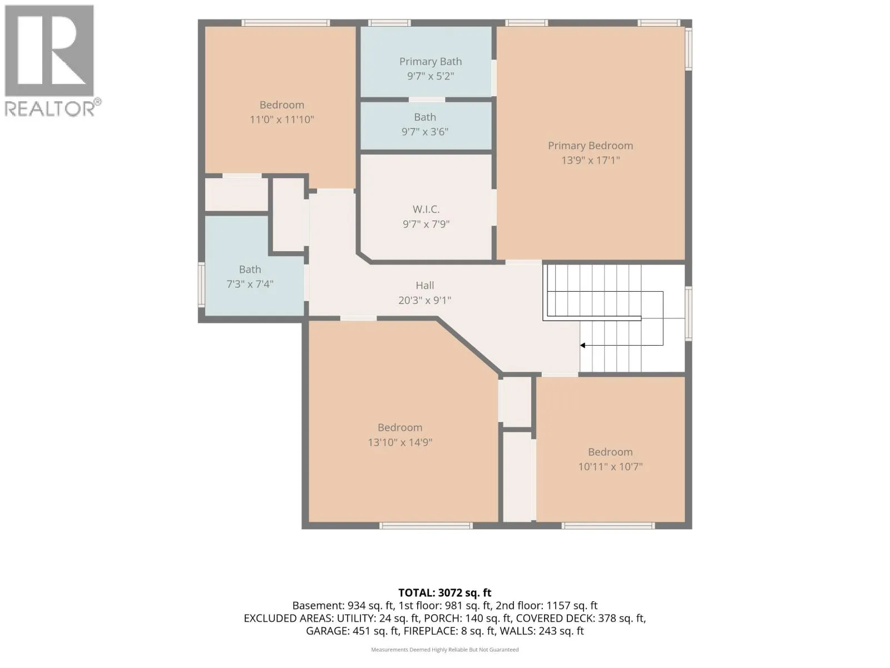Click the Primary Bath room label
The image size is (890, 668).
[430, 62]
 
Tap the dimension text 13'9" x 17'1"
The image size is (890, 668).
[590, 160]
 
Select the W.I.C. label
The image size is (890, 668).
[426, 209]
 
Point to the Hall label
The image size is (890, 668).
[424, 286]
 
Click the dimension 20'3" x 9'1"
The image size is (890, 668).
[424, 300]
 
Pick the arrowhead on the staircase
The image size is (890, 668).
[582, 346]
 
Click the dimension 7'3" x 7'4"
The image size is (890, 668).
[250, 284]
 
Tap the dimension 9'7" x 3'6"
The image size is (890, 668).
[425, 132]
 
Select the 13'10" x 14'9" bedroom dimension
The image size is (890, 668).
[400, 442]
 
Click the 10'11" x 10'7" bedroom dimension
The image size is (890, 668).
[610, 466]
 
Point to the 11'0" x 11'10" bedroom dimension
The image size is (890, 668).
[282, 120]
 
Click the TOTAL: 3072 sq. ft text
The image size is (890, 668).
[445, 592]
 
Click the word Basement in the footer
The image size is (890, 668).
[318, 606]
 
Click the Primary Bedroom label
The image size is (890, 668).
[590, 146]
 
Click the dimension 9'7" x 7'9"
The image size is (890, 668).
[426, 224]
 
